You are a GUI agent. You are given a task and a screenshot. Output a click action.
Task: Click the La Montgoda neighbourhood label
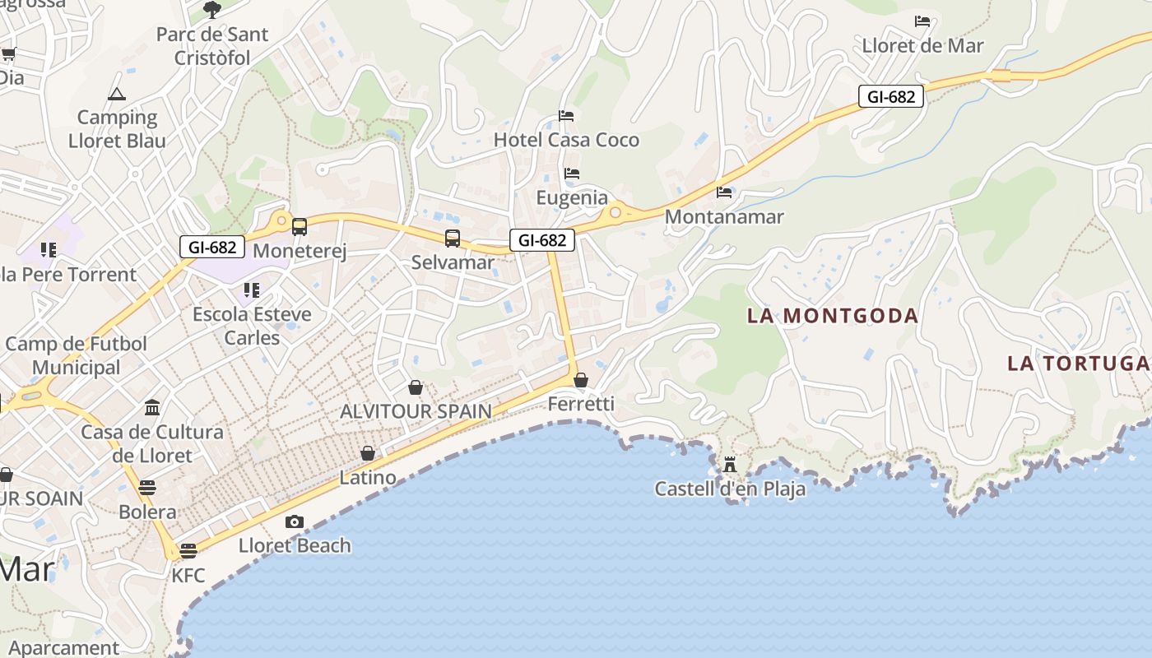[832, 316]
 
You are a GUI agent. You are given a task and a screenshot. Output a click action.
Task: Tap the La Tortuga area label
[1078, 363]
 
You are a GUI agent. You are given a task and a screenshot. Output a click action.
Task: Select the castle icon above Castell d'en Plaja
[730, 465]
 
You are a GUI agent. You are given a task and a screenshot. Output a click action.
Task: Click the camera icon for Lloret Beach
[294, 521]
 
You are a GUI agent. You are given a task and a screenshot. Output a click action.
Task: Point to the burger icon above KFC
[188, 550]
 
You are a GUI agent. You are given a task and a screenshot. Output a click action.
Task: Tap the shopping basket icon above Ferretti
[581, 380]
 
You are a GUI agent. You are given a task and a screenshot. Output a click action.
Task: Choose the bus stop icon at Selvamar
[453, 239]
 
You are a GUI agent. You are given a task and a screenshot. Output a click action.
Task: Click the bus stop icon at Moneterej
[300, 227]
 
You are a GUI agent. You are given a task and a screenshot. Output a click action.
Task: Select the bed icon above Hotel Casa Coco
[566, 116]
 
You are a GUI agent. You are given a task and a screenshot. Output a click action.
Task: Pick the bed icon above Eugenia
[572, 174]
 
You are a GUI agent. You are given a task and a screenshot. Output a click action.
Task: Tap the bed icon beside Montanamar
[724, 192]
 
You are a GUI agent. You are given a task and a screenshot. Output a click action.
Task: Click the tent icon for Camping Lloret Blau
[117, 94]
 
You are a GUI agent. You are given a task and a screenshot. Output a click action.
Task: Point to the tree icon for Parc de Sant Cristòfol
[212, 10]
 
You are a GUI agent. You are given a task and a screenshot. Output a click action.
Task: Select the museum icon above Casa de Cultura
[152, 407]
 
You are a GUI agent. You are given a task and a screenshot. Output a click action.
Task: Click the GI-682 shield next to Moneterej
[212, 247]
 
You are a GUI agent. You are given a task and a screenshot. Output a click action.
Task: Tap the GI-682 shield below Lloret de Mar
[891, 96]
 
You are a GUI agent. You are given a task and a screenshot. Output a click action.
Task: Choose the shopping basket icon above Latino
[368, 453]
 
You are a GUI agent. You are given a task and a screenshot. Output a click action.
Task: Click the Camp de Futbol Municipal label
[76, 355]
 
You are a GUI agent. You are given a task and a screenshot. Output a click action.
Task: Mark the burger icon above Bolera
[147, 488]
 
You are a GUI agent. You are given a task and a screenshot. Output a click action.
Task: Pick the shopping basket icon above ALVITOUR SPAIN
[416, 387]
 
